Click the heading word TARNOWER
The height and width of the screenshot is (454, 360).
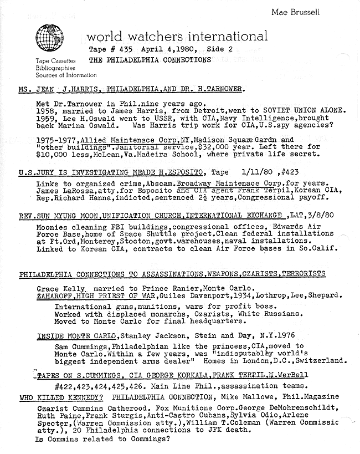(x=222, y=89)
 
